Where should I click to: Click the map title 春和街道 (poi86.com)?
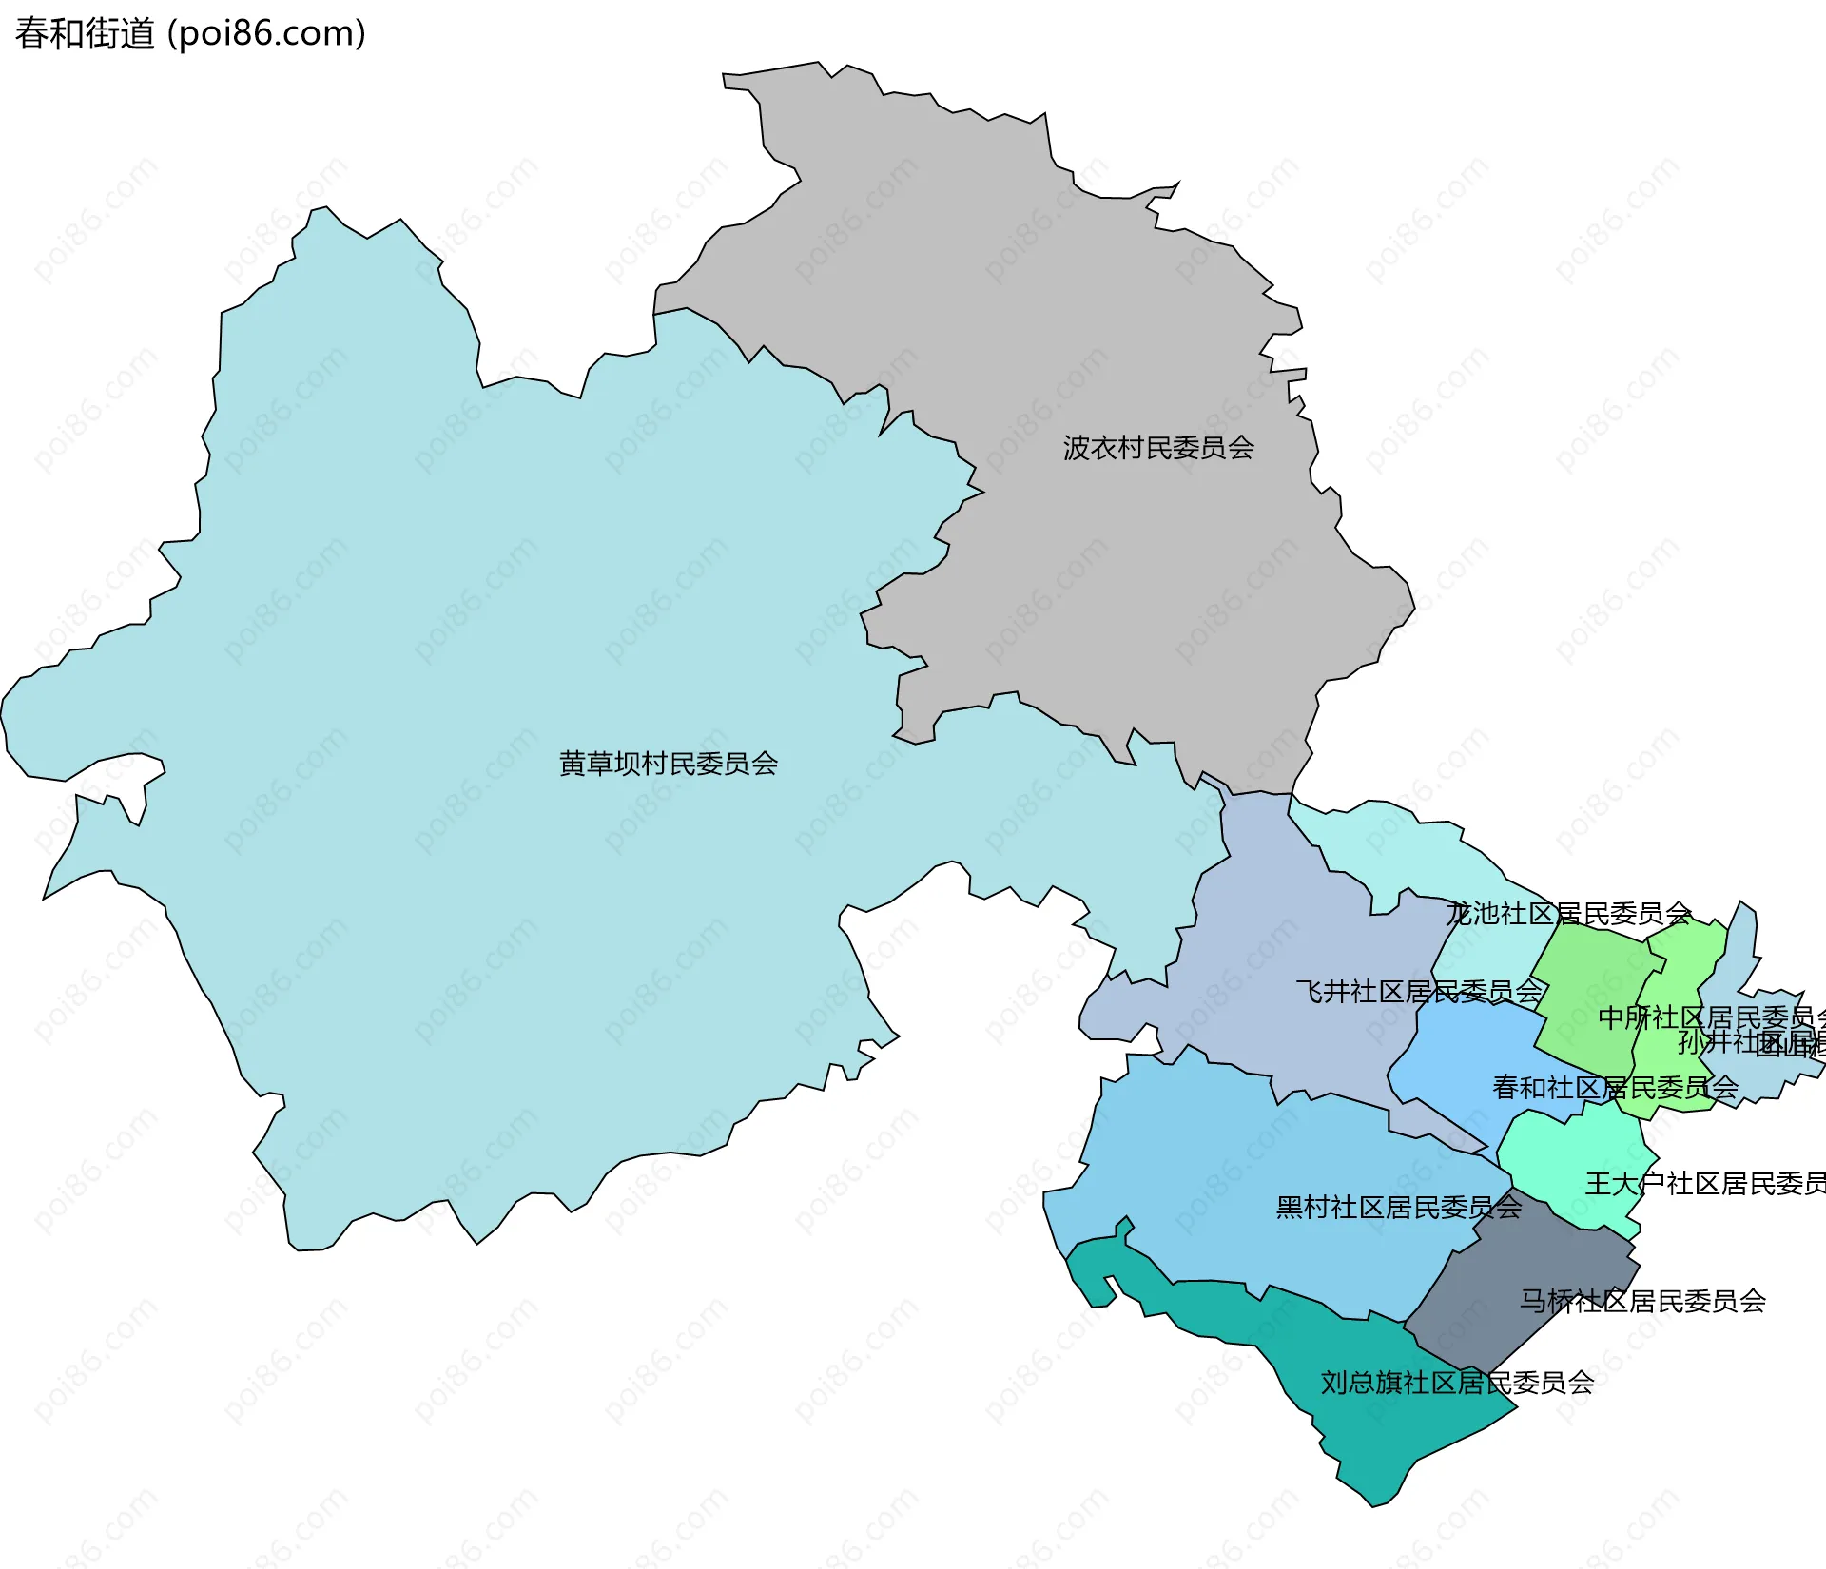coord(190,34)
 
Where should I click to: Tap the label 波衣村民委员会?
coord(1158,448)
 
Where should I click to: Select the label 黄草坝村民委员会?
coord(668,764)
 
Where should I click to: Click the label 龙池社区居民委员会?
coord(1567,914)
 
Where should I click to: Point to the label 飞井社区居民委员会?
coord(1419,992)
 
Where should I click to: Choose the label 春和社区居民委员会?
coord(1615,1087)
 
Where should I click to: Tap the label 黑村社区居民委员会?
coord(1398,1208)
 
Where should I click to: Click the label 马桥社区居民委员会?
coord(1641,1301)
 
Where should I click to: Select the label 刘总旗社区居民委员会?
coord(1457,1383)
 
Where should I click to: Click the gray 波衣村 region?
coord(1094,571)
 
